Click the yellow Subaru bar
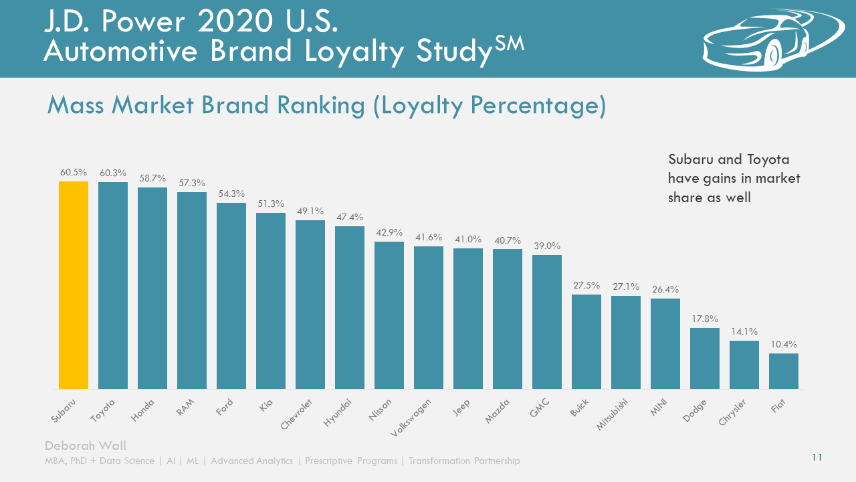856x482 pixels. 74,285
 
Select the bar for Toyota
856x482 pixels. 113,285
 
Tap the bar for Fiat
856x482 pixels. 784,371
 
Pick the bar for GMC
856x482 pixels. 547,322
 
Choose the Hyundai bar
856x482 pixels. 350,307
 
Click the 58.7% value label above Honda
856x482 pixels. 152,179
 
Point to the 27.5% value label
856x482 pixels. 586,286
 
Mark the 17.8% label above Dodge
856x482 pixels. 705,319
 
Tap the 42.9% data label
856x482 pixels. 389,232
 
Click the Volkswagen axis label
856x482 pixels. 410,416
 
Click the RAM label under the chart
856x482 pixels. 185,408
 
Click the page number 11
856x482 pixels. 817,457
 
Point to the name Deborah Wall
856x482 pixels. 85,446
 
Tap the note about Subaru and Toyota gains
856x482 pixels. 734,179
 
